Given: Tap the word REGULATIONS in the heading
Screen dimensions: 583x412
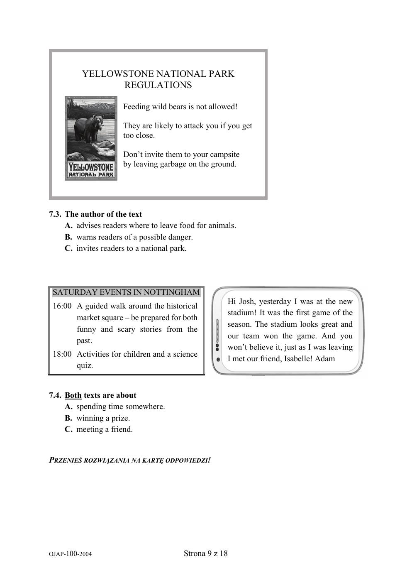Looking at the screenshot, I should pos(158,85).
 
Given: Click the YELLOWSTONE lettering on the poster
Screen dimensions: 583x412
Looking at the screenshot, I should pos(91,167).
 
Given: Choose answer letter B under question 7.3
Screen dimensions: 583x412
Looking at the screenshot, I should pos(68,237).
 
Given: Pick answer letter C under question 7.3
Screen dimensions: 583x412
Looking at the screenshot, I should pos(68,248).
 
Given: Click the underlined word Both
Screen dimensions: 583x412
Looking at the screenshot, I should pos(73,395).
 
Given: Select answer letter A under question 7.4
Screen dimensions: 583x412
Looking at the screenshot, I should pos(68,407).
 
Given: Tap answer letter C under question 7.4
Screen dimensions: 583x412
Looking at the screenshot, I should pos(68,429).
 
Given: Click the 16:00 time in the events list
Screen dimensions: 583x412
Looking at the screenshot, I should pos(62,306).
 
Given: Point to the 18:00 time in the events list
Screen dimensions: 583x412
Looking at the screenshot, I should pos(62,354).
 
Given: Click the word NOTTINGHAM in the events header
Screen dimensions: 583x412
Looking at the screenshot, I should pos(172,292).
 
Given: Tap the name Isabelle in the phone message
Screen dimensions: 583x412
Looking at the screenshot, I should pos(297,359).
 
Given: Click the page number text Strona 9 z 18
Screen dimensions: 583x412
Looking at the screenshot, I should pos(205,553).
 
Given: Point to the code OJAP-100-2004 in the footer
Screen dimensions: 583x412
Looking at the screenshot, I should pos(70,554).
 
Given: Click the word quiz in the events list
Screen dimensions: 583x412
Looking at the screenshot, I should pos(85,366).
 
